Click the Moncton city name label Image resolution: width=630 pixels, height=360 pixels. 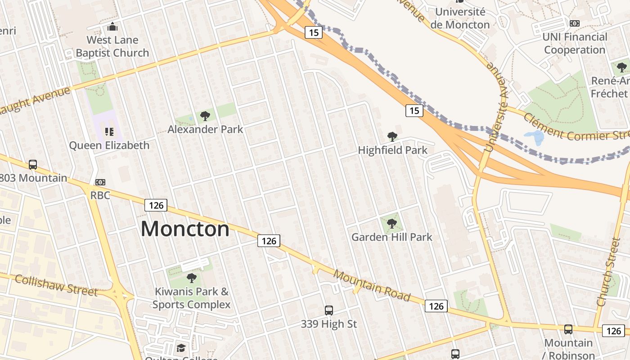185,229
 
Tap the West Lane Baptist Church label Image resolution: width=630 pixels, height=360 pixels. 112,46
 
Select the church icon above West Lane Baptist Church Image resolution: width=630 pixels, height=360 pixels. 112,27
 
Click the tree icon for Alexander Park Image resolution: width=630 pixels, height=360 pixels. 205,117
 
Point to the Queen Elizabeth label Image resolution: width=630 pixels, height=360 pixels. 109,145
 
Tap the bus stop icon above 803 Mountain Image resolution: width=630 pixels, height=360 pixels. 33,165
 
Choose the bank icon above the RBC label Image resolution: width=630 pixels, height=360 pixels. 100,182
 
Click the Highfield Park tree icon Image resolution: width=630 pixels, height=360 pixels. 392,137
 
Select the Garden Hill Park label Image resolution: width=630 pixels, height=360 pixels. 391,237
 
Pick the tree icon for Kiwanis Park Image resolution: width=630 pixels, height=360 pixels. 192,278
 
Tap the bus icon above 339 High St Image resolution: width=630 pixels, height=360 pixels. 329,310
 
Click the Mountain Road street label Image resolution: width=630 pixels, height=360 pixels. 372,286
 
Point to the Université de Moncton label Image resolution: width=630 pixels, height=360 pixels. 460,18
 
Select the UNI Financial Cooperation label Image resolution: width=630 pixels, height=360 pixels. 574,43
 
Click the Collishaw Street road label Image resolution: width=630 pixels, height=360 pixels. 56,285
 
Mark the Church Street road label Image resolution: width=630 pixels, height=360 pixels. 608,272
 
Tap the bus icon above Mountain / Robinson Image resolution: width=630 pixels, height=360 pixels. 568,329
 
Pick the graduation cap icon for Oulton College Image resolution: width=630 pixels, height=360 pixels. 181,348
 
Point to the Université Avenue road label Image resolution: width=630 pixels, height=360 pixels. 495,108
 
